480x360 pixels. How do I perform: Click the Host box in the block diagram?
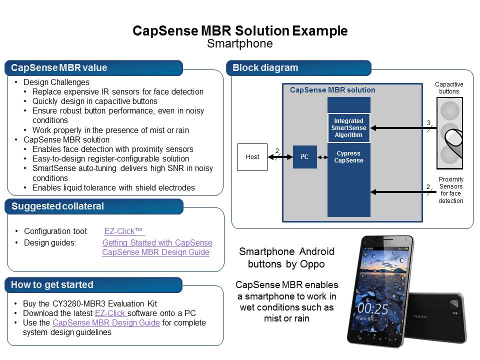[252, 156]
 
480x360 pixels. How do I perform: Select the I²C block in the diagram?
[304, 156]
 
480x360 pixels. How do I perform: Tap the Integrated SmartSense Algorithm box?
[349, 128]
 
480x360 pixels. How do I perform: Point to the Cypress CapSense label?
[349, 157]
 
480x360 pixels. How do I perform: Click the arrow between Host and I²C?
[280, 157]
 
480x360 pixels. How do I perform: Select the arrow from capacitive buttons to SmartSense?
[400, 128]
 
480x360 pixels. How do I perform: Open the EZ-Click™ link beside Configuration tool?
[124, 231]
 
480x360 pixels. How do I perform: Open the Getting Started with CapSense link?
[157, 242]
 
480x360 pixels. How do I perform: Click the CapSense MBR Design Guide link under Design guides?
[155, 252]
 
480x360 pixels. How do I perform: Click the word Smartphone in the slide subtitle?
[240, 44]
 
